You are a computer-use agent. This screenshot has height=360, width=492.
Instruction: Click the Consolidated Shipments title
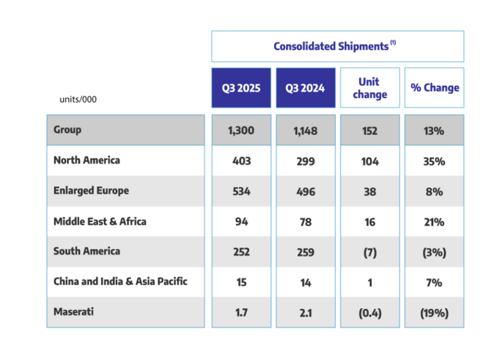(x=331, y=46)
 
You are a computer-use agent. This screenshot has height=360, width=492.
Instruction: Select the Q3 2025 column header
(x=241, y=88)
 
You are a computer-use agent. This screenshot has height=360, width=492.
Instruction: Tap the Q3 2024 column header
(x=305, y=88)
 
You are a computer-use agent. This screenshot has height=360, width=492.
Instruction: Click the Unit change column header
(x=370, y=88)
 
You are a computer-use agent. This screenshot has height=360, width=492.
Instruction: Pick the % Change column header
(x=434, y=88)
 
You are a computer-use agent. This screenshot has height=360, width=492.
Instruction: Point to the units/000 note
(x=78, y=99)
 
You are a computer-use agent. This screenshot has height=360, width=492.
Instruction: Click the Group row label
(x=68, y=130)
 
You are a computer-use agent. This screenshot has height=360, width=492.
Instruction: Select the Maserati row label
(x=73, y=311)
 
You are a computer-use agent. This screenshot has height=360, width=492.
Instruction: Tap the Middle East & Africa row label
(x=100, y=221)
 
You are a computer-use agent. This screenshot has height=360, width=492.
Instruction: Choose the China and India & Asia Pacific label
(x=120, y=281)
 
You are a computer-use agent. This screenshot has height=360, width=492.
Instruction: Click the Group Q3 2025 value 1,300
(x=241, y=131)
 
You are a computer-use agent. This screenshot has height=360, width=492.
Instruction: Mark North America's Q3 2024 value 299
(x=305, y=161)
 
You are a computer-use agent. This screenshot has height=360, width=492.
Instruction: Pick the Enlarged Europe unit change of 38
(x=370, y=191)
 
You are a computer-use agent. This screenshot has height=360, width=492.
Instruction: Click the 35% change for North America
(x=434, y=161)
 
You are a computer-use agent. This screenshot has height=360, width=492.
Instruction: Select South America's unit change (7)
(x=370, y=252)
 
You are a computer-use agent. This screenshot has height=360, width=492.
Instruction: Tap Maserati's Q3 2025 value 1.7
(x=241, y=313)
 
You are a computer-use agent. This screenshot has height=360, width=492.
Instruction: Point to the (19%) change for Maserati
(x=434, y=313)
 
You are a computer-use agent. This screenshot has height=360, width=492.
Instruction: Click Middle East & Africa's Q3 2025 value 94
(x=241, y=222)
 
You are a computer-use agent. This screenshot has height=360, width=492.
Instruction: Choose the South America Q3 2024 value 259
(x=305, y=252)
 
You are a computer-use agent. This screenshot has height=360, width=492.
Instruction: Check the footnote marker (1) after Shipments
(x=393, y=43)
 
